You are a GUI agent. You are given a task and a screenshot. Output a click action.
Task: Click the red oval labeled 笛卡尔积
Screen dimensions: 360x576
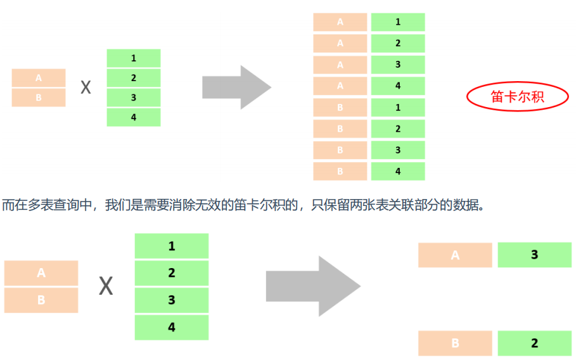pyautogui.click(x=518, y=97)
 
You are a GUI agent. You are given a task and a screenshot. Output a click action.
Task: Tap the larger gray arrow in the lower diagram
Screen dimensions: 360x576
pyautogui.click(x=311, y=287)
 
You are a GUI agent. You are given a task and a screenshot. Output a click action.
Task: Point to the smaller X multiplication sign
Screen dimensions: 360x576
pyautogui.click(x=86, y=87)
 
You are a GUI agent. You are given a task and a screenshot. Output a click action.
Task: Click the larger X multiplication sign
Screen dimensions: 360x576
pyautogui.click(x=106, y=287)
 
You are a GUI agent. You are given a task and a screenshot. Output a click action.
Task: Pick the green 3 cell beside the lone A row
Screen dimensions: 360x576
pyautogui.click(x=534, y=255)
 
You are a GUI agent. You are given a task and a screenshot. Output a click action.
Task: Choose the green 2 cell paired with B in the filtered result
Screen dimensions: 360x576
pyautogui.click(x=534, y=344)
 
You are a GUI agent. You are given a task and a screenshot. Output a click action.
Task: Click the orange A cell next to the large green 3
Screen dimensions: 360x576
pyautogui.click(x=454, y=255)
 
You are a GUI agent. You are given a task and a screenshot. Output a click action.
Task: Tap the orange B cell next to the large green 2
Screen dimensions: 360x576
pyautogui.click(x=454, y=344)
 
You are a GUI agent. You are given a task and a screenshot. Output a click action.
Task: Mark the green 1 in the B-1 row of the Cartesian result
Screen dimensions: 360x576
pyautogui.click(x=398, y=108)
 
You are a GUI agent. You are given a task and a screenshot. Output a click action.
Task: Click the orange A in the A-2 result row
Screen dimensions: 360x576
pyautogui.click(x=340, y=43)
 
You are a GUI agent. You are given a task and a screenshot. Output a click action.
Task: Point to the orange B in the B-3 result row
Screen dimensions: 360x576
pyautogui.click(x=340, y=150)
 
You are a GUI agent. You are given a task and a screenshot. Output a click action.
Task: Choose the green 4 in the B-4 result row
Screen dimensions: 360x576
pyautogui.click(x=398, y=171)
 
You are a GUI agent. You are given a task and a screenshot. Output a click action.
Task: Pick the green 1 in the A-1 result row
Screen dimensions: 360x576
pyautogui.click(x=398, y=22)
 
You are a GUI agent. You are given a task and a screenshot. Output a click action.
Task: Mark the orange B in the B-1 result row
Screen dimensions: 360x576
pyautogui.click(x=340, y=108)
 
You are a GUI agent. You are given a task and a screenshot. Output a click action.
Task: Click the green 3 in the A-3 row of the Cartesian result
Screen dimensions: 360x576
pyautogui.click(x=398, y=65)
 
